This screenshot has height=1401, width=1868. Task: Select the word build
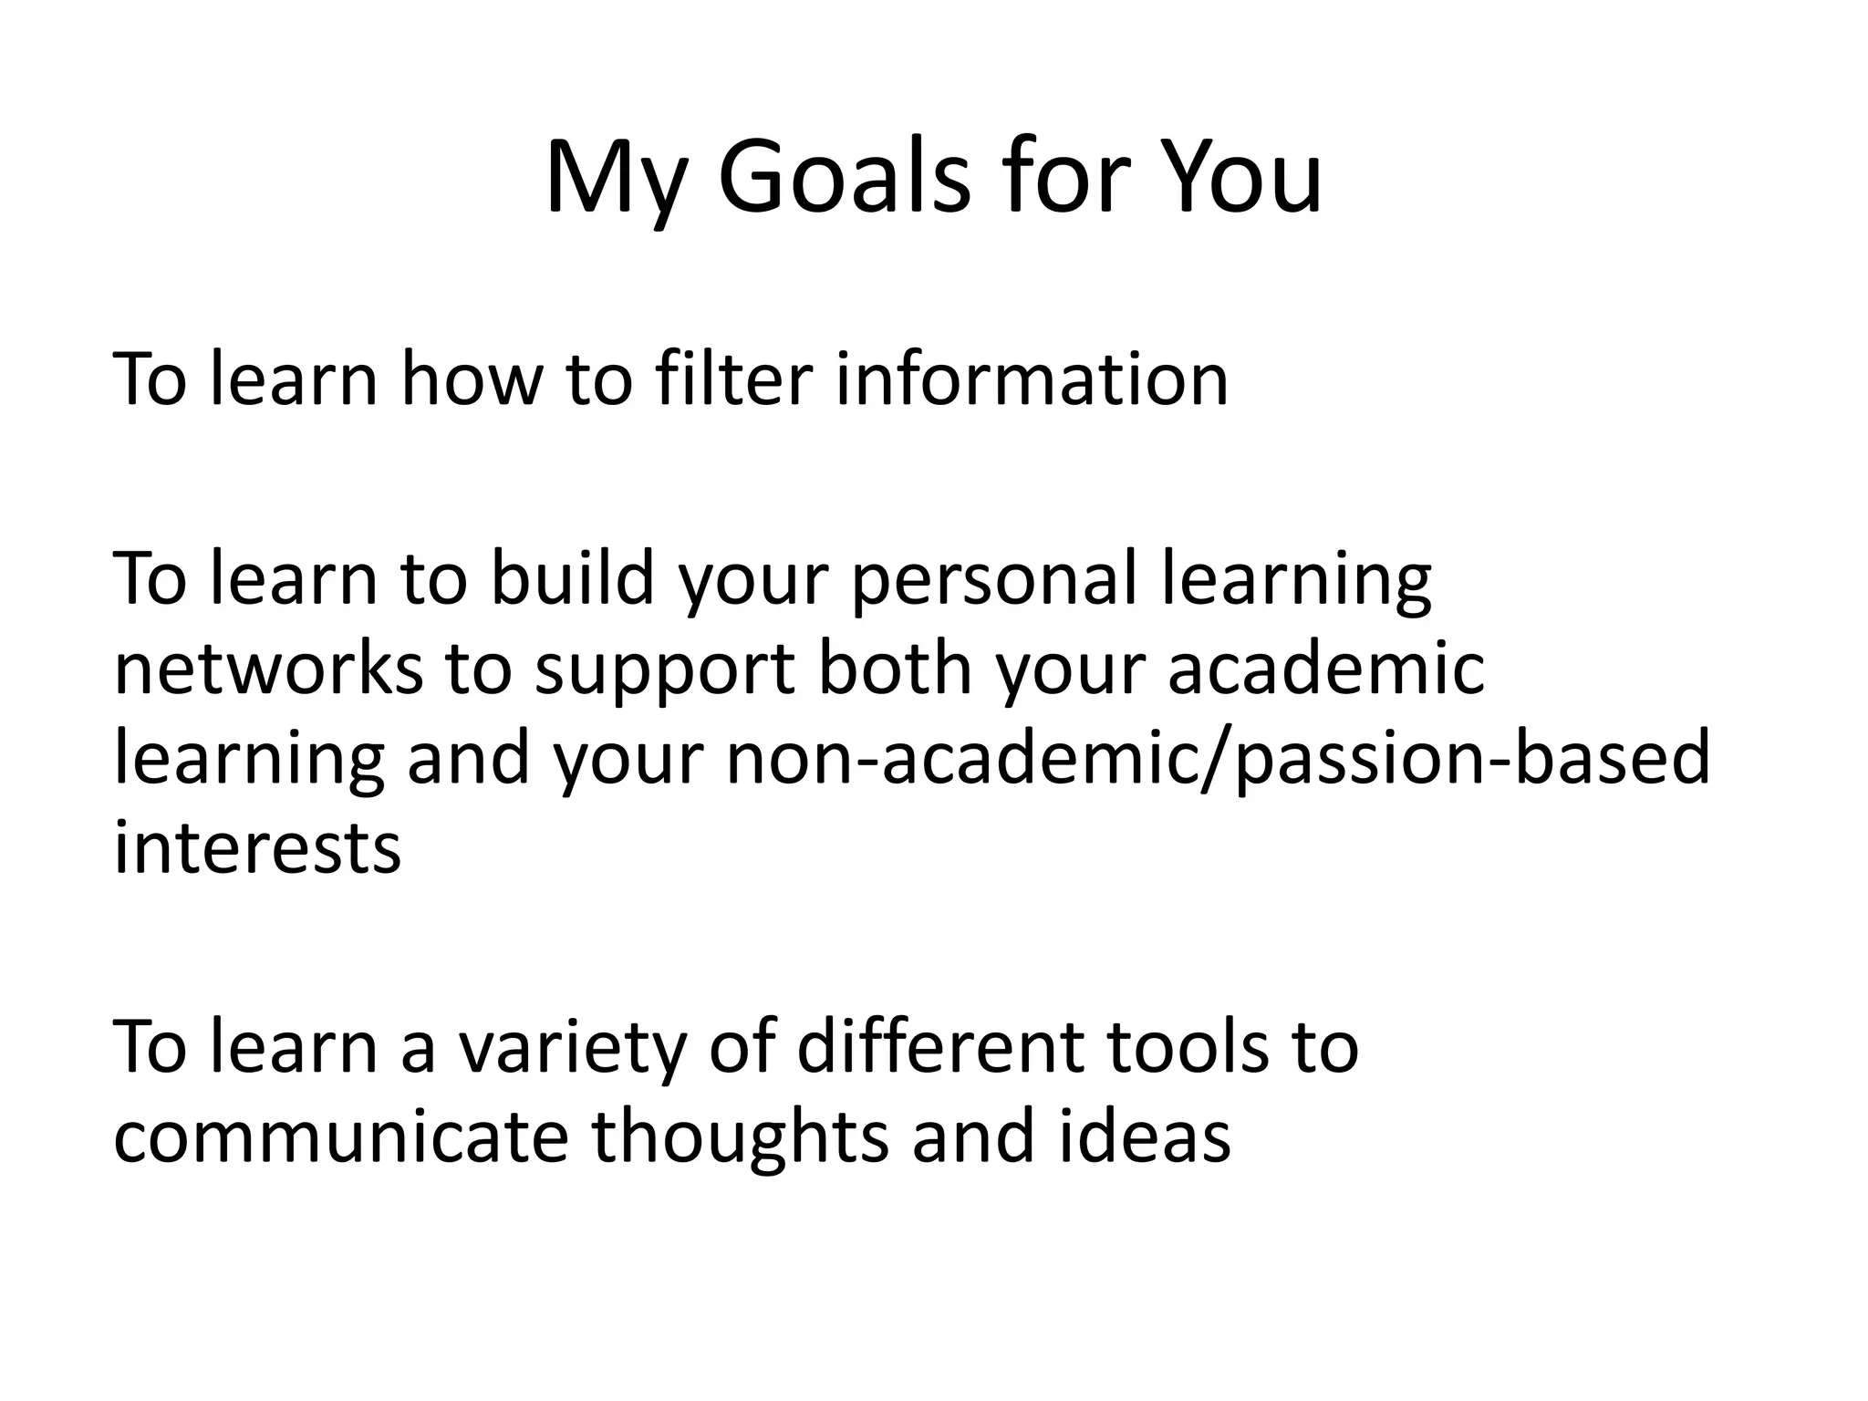[x=573, y=578]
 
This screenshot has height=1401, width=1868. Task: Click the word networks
[x=268, y=669]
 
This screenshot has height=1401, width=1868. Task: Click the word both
[x=895, y=669]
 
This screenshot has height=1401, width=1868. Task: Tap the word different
[x=940, y=1047]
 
